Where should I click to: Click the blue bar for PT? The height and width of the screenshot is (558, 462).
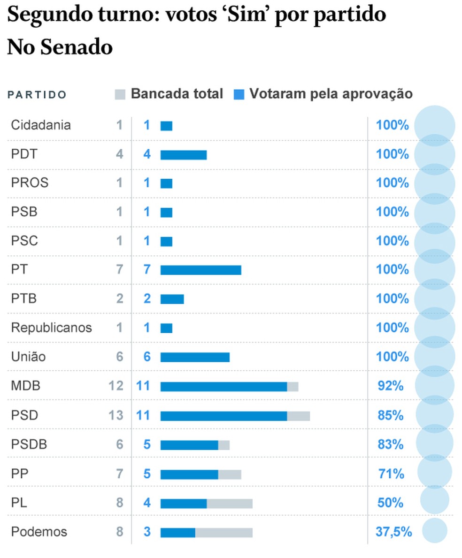click(x=200, y=270)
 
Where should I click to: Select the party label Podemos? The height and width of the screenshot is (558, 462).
click(x=39, y=532)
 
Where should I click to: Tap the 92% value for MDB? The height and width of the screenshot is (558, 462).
click(x=391, y=386)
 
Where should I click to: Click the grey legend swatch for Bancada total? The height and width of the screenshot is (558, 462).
click(x=120, y=94)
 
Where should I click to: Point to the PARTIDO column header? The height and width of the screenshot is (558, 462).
click(x=37, y=95)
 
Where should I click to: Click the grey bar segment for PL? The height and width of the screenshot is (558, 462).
click(x=230, y=503)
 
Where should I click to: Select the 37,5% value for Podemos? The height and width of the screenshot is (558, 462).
click(x=393, y=532)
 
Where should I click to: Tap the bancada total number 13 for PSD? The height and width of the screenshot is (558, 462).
click(x=115, y=415)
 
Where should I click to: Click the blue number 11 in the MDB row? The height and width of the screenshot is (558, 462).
click(x=143, y=386)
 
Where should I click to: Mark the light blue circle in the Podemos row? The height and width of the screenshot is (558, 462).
click(x=435, y=530)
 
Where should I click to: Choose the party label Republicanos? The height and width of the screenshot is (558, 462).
click(x=51, y=328)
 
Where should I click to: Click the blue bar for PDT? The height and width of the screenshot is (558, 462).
click(x=184, y=154)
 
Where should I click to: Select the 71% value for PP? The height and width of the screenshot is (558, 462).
click(x=391, y=474)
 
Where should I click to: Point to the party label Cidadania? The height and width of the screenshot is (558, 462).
click(x=41, y=125)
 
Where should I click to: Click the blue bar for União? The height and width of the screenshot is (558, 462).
click(x=195, y=357)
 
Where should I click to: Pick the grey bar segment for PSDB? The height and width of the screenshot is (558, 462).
click(x=224, y=444)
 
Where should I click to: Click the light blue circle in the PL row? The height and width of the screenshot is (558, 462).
click(x=435, y=500)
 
